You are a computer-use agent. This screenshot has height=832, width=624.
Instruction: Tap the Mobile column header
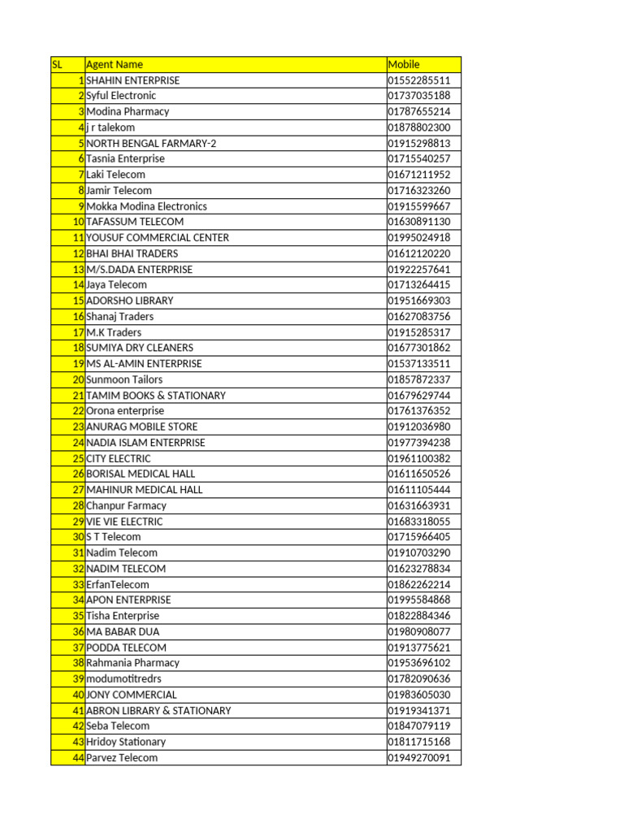(x=404, y=64)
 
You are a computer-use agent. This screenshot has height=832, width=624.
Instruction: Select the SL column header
(x=57, y=64)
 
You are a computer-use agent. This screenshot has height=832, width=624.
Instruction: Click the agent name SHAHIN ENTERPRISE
(x=133, y=80)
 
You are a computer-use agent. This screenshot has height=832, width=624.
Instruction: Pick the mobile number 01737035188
(x=419, y=96)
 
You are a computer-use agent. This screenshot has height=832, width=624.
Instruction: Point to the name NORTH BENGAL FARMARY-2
(x=151, y=143)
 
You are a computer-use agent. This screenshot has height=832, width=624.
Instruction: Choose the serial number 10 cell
(x=78, y=222)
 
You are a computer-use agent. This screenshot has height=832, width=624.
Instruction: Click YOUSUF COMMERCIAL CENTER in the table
(x=158, y=237)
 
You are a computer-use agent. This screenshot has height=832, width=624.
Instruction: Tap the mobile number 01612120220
(x=419, y=253)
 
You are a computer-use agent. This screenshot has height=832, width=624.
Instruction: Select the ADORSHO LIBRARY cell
(x=130, y=301)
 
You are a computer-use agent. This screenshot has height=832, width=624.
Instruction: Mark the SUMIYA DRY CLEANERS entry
(x=140, y=348)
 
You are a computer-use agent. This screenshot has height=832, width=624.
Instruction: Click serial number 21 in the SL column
(x=78, y=395)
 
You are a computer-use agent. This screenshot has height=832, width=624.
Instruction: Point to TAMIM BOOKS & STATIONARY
(x=156, y=395)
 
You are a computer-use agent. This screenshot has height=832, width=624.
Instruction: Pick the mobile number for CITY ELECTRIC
(x=419, y=458)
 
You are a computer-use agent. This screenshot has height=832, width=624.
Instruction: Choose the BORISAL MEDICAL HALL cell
(x=141, y=474)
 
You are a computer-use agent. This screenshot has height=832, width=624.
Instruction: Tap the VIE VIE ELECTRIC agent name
(x=124, y=521)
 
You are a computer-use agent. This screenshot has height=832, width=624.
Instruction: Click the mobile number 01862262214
(x=419, y=584)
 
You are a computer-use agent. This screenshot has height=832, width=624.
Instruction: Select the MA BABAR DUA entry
(x=123, y=631)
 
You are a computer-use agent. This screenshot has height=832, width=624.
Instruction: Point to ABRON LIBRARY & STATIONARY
(x=158, y=710)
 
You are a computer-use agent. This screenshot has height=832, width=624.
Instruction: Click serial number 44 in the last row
(x=78, y=757)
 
